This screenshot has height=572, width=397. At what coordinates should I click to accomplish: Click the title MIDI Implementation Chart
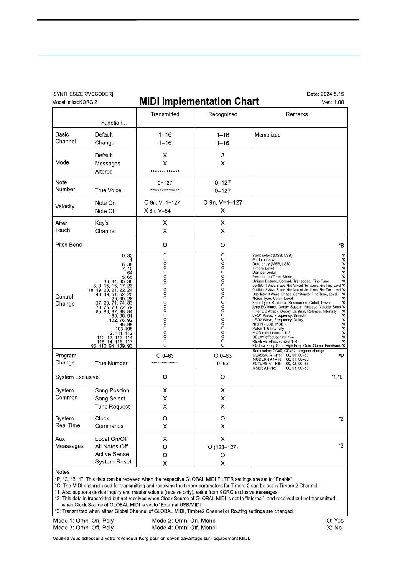[x=199, y=101]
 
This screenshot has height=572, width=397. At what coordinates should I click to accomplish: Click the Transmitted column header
[x=165, y=114]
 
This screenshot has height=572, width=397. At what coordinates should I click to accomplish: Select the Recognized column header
[x=223, y=114]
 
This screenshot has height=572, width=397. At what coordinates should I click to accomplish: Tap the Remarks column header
[x=297, y=114]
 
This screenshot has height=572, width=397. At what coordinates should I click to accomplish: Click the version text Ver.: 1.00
[x=333, y=102]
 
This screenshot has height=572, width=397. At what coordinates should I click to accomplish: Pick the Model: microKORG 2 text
[x=74, y=102]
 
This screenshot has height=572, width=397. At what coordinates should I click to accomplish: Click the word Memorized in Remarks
[x=267, y=135]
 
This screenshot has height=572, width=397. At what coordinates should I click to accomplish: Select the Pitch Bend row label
[x=69, y=245]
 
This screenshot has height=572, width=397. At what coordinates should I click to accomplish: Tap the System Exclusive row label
[x=77, y=377]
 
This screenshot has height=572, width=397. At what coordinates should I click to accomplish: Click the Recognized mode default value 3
[x=223, y=155]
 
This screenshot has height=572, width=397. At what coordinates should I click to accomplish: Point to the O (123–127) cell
[x=223, y=447]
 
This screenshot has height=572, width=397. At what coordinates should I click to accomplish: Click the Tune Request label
[x=112, y=407]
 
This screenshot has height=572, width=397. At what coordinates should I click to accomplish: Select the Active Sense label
[x=112, y=454]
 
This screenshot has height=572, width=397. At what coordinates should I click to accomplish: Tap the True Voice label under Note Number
[x=108, y=190]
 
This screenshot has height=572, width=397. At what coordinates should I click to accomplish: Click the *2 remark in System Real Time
[x=341, y=419]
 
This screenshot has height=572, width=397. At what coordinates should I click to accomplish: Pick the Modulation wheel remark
[x=267, y=260]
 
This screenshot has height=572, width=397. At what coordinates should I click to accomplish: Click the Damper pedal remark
[x=264, y=273]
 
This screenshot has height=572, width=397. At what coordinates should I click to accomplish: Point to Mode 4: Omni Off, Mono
[x=184, y=528]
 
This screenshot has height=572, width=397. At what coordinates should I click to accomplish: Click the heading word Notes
[x=63, y=472]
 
